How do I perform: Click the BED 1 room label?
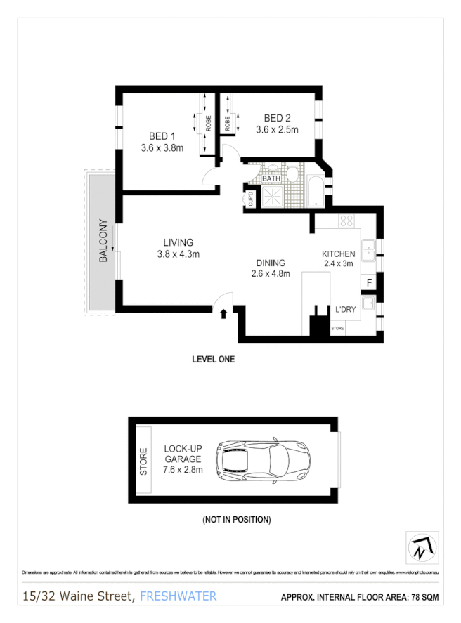(x=162, y=136)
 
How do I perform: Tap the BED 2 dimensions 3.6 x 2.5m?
(x=277, y=129)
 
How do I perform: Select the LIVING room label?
(x=178, y=243)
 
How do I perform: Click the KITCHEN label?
(x=339, y=254)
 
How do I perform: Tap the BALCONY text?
(x=103, y=241)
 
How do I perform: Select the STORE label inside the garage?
(x=144, y=461)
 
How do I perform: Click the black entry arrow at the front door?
(x=223, y=313)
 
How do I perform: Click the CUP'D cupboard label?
(x=250, y=199)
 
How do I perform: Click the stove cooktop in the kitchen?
(x=346, y=221)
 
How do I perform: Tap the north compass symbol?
(x=422, y=547)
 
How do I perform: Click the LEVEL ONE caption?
(x=213, y=359)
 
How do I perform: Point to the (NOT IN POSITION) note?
(x=236, y=520)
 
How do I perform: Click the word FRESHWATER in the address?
(x=178, y=596)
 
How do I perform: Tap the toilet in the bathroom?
(x=292, y=173)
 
